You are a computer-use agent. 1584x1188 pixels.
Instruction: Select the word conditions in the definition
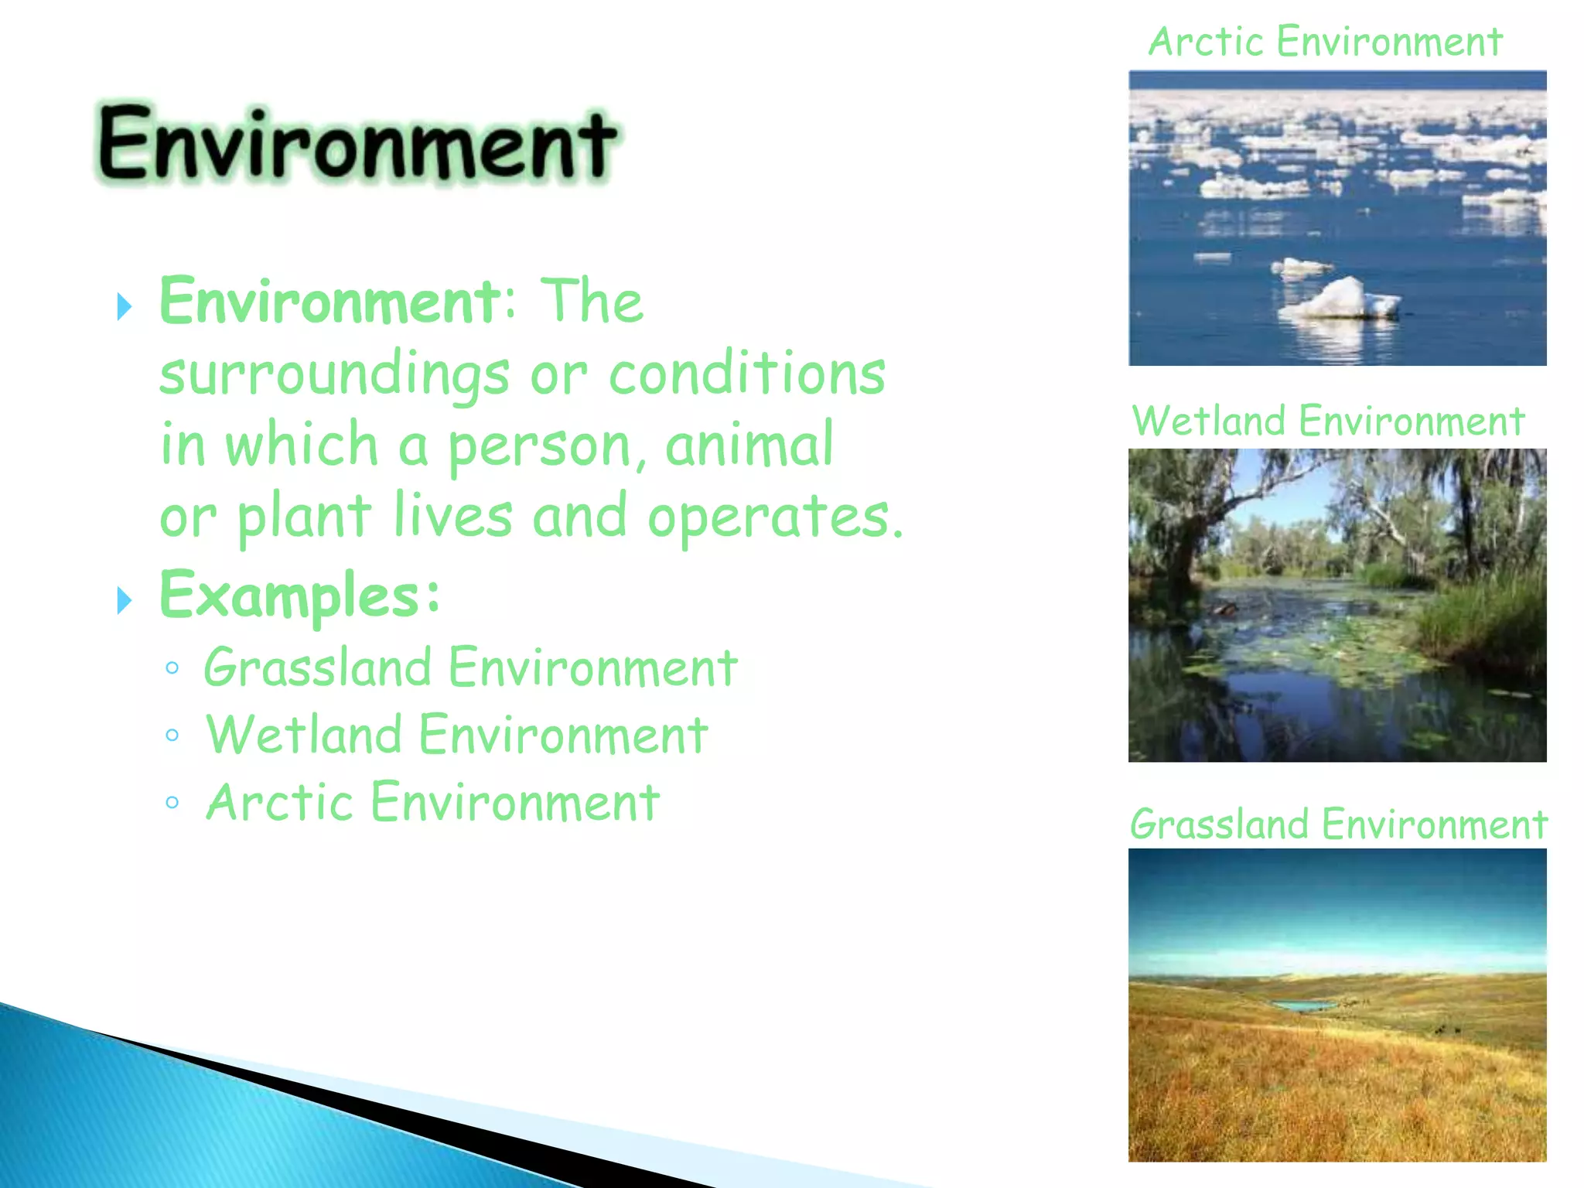(746, 373)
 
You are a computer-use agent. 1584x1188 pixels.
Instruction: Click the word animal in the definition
(749, 444)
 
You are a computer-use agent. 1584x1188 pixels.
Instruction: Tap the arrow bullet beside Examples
(124, 600)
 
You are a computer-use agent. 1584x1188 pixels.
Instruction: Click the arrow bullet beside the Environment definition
(124, 307)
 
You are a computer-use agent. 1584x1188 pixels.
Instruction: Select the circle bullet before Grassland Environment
(172, 667)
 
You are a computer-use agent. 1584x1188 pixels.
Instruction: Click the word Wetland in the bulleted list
(304, 735)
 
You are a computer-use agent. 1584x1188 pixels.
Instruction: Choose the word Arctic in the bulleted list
(279, 802)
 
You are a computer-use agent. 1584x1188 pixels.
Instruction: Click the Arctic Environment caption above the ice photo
(1325, 42)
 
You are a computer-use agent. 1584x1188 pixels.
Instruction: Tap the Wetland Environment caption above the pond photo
(1327, 422)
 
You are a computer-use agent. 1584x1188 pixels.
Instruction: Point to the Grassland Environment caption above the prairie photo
(1338, 824)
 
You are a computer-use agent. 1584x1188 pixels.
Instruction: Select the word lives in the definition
(452, 516)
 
